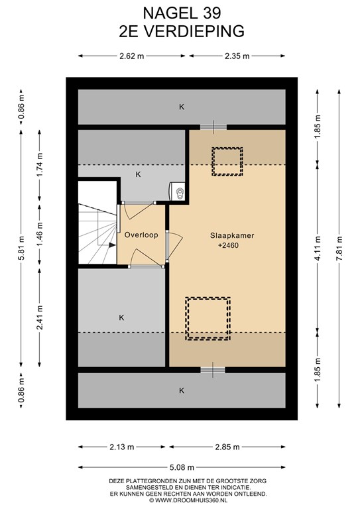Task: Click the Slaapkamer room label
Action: [x=232, y=236]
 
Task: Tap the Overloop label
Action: [x=141, y=235]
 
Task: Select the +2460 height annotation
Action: [x=228, y=245]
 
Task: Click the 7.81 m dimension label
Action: [x=339, y=249]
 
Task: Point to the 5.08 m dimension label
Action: [x=182, y=467]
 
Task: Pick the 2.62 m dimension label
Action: [x=131, y=56]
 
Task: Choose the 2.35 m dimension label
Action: [x=237, y=56]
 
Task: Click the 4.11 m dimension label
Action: [x=318, y=249]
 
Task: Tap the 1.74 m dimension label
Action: [x=40, y=164]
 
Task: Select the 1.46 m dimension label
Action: [x=40, y=235]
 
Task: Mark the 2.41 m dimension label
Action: [x=40, y=317]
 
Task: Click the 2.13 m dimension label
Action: [x=122, y=447]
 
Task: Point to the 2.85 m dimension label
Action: [x=227, y=447]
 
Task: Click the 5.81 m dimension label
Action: [x=21, y=249]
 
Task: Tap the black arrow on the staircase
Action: [x=112, y=245]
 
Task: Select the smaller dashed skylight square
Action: [x=227, y=161]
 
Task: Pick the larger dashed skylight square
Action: [x=208, y=319]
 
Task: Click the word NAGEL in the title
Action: [x=164, y=13]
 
